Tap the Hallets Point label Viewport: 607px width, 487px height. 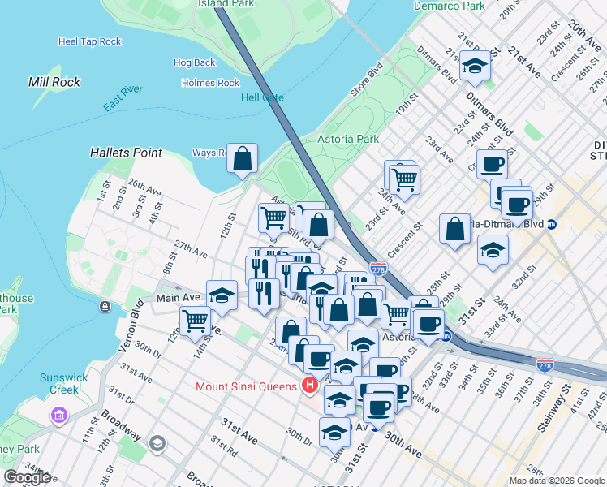(127, 153)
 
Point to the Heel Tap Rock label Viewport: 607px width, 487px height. (89, 41)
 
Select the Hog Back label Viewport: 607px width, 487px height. (195, 62)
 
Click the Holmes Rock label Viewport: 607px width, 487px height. (210, 83)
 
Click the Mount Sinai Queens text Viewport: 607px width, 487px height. (246, 386)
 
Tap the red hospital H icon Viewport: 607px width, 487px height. (308, 385)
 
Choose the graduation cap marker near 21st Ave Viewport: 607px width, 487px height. (475, 67)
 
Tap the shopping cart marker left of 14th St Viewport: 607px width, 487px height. (195, 321)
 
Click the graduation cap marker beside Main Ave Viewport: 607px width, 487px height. (222, 295)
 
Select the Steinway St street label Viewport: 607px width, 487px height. (549, 455)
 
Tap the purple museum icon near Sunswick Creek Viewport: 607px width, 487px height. (58, 416)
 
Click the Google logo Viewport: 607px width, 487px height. (27, 477)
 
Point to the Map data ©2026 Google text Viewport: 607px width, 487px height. (556, 481)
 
